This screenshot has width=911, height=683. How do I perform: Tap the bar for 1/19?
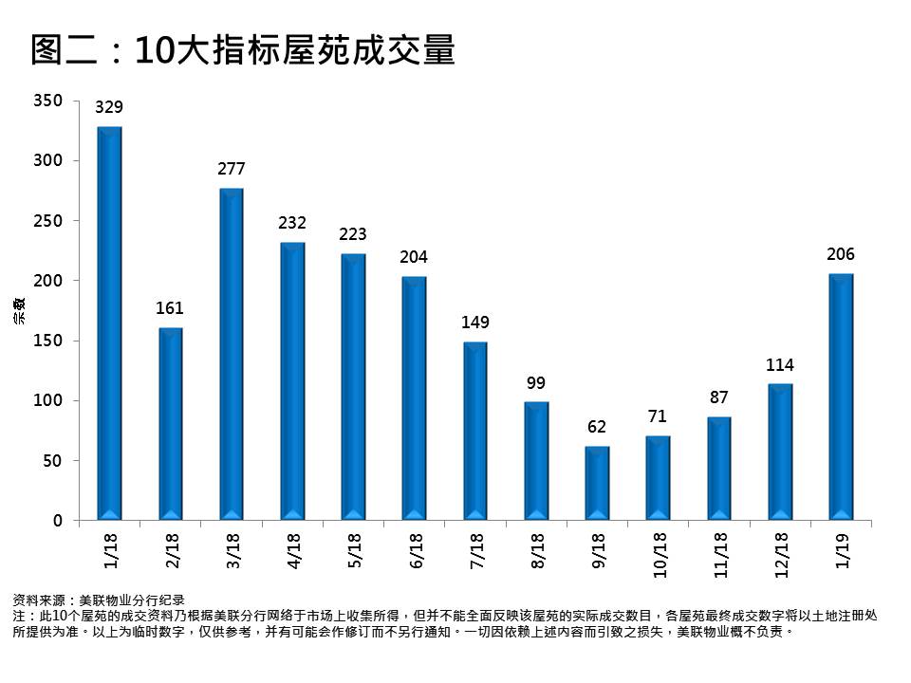pos(841,397)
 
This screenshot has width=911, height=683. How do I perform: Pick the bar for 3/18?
pos(232,354)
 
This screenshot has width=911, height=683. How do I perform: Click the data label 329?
pos(110,108)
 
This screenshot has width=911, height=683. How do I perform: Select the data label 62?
pos(597,428)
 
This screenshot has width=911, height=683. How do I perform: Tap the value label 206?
pos(841,254)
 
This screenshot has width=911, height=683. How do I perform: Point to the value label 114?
pos(780,365)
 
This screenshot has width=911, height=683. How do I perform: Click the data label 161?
pos(171,308)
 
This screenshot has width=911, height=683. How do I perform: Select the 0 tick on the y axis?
pos(57,521)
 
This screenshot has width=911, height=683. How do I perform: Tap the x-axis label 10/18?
pos(659,554)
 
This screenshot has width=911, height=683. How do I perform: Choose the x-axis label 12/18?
pos(781,554)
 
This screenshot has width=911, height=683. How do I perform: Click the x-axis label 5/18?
pos(354,550)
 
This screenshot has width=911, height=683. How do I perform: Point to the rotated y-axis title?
pos(18,311)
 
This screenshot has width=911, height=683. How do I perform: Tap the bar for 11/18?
pos(719,469)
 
